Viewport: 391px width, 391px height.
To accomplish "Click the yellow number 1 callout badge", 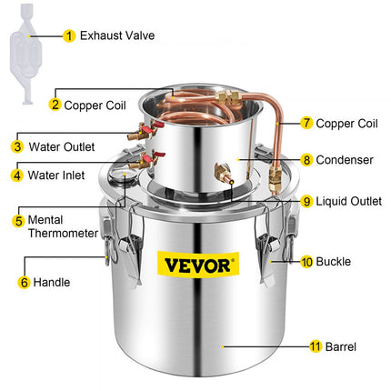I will pos(70,36).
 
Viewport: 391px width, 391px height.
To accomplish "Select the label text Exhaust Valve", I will pos(117,36).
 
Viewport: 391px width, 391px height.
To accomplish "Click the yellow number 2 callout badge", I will pos(55,105).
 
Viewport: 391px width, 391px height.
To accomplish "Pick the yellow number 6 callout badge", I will pos(22,283).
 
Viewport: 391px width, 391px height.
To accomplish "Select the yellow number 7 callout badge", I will pos(307,122).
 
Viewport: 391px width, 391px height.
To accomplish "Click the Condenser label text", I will pos(348,160).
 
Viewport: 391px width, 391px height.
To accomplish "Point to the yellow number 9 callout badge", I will pos(307,201).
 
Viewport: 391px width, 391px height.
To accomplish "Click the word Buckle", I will pos(334,261).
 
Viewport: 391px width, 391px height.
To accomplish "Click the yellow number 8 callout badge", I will pos(307,160).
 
